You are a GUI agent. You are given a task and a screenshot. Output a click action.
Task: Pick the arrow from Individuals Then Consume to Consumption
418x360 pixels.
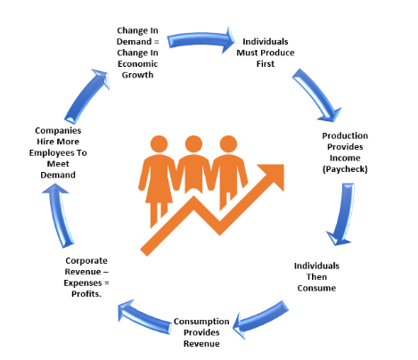pyautogui.click(x=261, y=319)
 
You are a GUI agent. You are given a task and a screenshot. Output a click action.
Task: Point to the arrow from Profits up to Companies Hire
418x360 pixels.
pyautogui.click(x=60, y=216)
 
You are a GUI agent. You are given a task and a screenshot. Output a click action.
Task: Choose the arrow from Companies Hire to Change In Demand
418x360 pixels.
pyautogui.click(x=86, y=96)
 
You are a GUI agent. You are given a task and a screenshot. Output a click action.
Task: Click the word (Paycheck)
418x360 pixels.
pyautogui.click(x=345, y=169)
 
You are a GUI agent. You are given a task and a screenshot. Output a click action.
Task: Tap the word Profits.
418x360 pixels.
pyautogui.click(x=86, y=294)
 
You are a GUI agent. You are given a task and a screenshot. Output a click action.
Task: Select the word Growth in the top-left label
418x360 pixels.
pyautogui.click(x=137, y=75)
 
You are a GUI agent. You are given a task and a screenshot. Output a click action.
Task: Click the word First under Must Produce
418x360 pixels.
pyautogui.click(x=266, y=64)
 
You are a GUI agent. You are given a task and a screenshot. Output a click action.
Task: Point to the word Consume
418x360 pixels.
pyautogui.click(x=316, y=288)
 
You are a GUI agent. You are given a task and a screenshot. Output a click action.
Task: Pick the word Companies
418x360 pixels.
pyautogui.click(x=58, y=131)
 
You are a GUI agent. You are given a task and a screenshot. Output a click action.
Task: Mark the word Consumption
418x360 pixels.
pyautogui.click(x=201, y=322)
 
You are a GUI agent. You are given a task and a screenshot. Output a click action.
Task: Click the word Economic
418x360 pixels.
pyautogui.click(x=137, y=64)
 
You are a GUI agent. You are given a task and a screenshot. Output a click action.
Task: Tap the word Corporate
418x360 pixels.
pyautogui.click(x=86, y=261)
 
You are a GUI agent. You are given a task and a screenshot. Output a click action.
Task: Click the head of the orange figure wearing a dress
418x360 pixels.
pyautogui.click(x=159, y=144)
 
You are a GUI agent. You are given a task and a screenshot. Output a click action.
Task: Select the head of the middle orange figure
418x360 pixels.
pyautogui.click(x=193, y=144)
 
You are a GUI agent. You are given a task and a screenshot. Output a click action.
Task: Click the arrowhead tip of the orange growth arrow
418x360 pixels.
pyautogui.click(x=283, y=165)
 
